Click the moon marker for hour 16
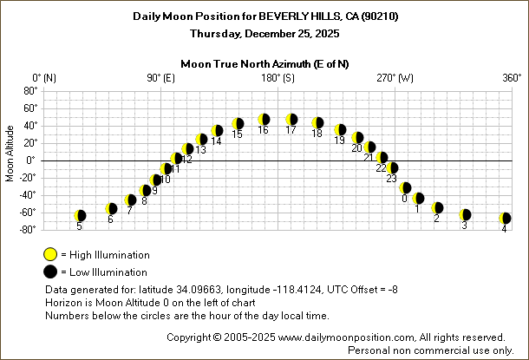264,120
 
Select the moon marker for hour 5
80,216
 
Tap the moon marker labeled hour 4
505,219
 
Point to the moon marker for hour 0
405,188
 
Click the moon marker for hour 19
340,130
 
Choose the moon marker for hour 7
130,200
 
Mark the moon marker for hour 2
437,208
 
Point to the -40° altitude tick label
28,194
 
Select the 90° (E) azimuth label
160,78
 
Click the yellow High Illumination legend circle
50,255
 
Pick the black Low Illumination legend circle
50,272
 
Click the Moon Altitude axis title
10,160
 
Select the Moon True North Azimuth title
264,63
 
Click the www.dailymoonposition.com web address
351,337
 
